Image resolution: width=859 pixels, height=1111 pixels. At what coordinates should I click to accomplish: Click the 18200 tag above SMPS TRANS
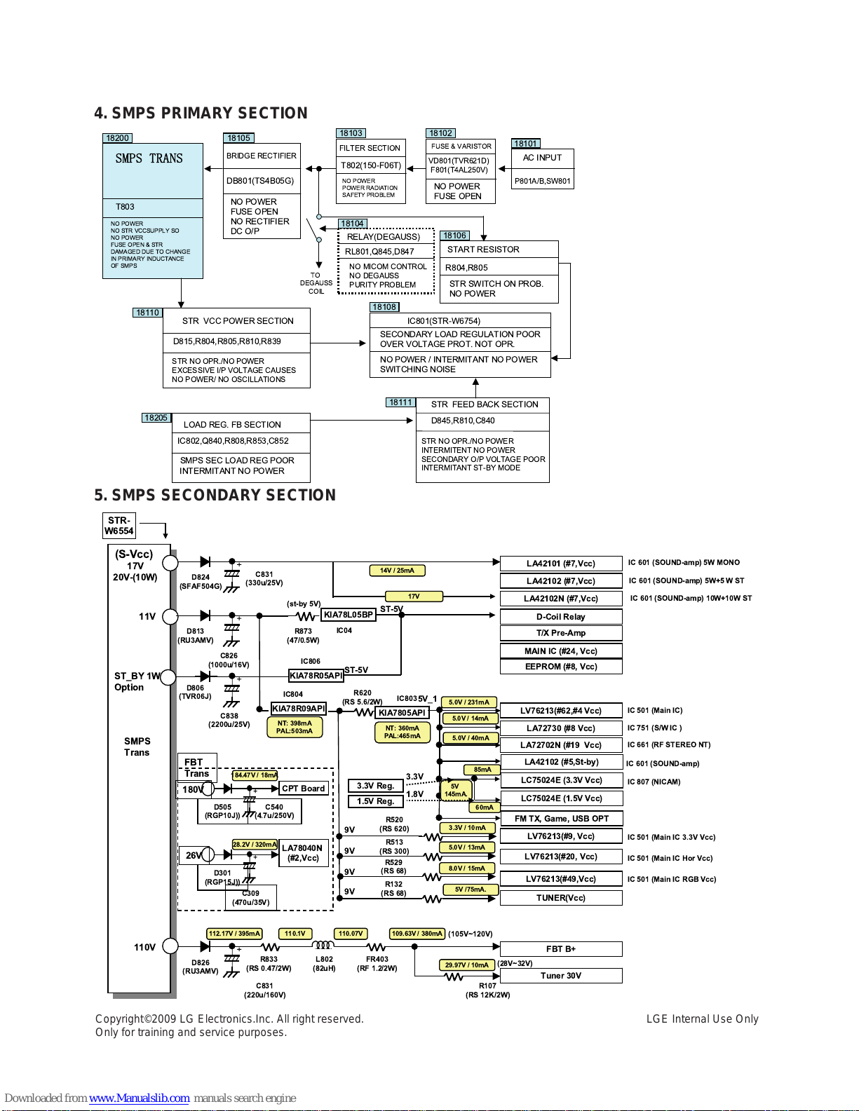click(x=118, y=138)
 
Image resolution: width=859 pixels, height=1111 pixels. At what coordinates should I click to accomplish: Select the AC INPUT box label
click(x=542, y=158)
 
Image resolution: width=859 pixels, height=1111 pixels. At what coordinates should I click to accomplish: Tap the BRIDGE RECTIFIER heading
click(x=262, y=156)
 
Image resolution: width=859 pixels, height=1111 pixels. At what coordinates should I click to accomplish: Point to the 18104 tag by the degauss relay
click(x=352, y=224)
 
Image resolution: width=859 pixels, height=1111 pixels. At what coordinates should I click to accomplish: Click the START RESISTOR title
click(x=483, y=249)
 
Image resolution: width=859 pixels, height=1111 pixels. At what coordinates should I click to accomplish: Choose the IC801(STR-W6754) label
click(x=443, y=320)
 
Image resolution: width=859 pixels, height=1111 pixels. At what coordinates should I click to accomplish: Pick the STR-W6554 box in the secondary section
click(x=119, y=526)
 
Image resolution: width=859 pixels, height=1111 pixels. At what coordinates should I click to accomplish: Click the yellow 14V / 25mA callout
click(x=397, y=570)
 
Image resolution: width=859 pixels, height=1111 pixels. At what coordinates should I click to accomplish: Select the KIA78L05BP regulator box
click(x=349, y=615)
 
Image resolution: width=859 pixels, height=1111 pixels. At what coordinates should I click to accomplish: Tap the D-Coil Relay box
click(x=561, y=617)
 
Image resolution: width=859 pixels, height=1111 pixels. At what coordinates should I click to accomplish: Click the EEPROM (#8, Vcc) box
click(x=561, y=666)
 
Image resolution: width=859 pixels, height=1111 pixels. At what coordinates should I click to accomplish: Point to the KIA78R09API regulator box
click(x=299, y=708)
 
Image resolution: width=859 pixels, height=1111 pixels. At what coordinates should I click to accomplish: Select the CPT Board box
click(x=303, y=789)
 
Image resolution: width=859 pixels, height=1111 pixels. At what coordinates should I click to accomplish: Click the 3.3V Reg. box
click(x=375, y=785)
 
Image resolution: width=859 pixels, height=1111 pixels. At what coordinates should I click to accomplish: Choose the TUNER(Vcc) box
click(x=561, y=897)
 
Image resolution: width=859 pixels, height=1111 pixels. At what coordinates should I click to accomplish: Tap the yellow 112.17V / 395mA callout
click(x=234, y=933)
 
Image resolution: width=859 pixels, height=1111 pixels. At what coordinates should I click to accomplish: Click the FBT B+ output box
click(x=561, y=948)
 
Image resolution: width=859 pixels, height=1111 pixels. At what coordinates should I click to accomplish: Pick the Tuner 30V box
click(x=561, y=975)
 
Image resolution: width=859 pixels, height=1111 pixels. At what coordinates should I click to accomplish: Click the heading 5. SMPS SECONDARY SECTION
click(x=215, y=494)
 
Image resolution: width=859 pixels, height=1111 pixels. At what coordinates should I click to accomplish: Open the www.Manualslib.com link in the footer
click(x=139, y=1098)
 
